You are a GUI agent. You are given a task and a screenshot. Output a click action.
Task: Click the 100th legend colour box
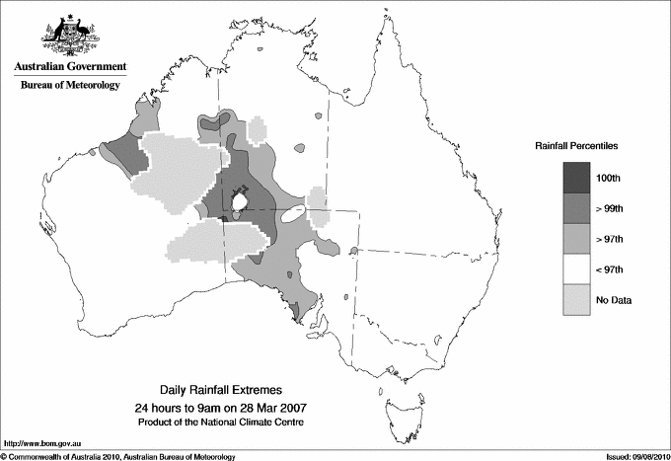(575, 178)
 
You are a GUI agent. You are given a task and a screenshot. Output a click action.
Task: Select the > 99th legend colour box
(575, 208)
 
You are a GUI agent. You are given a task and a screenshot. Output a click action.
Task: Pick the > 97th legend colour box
(575, 239)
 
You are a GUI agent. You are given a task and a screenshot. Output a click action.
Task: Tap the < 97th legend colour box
(575, 269)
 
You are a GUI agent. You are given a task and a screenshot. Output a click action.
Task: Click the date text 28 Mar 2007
(269, 408)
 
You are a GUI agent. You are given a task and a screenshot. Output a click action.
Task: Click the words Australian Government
(69, 67)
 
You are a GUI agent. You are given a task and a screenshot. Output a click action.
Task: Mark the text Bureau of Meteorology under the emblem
(69, 86)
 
